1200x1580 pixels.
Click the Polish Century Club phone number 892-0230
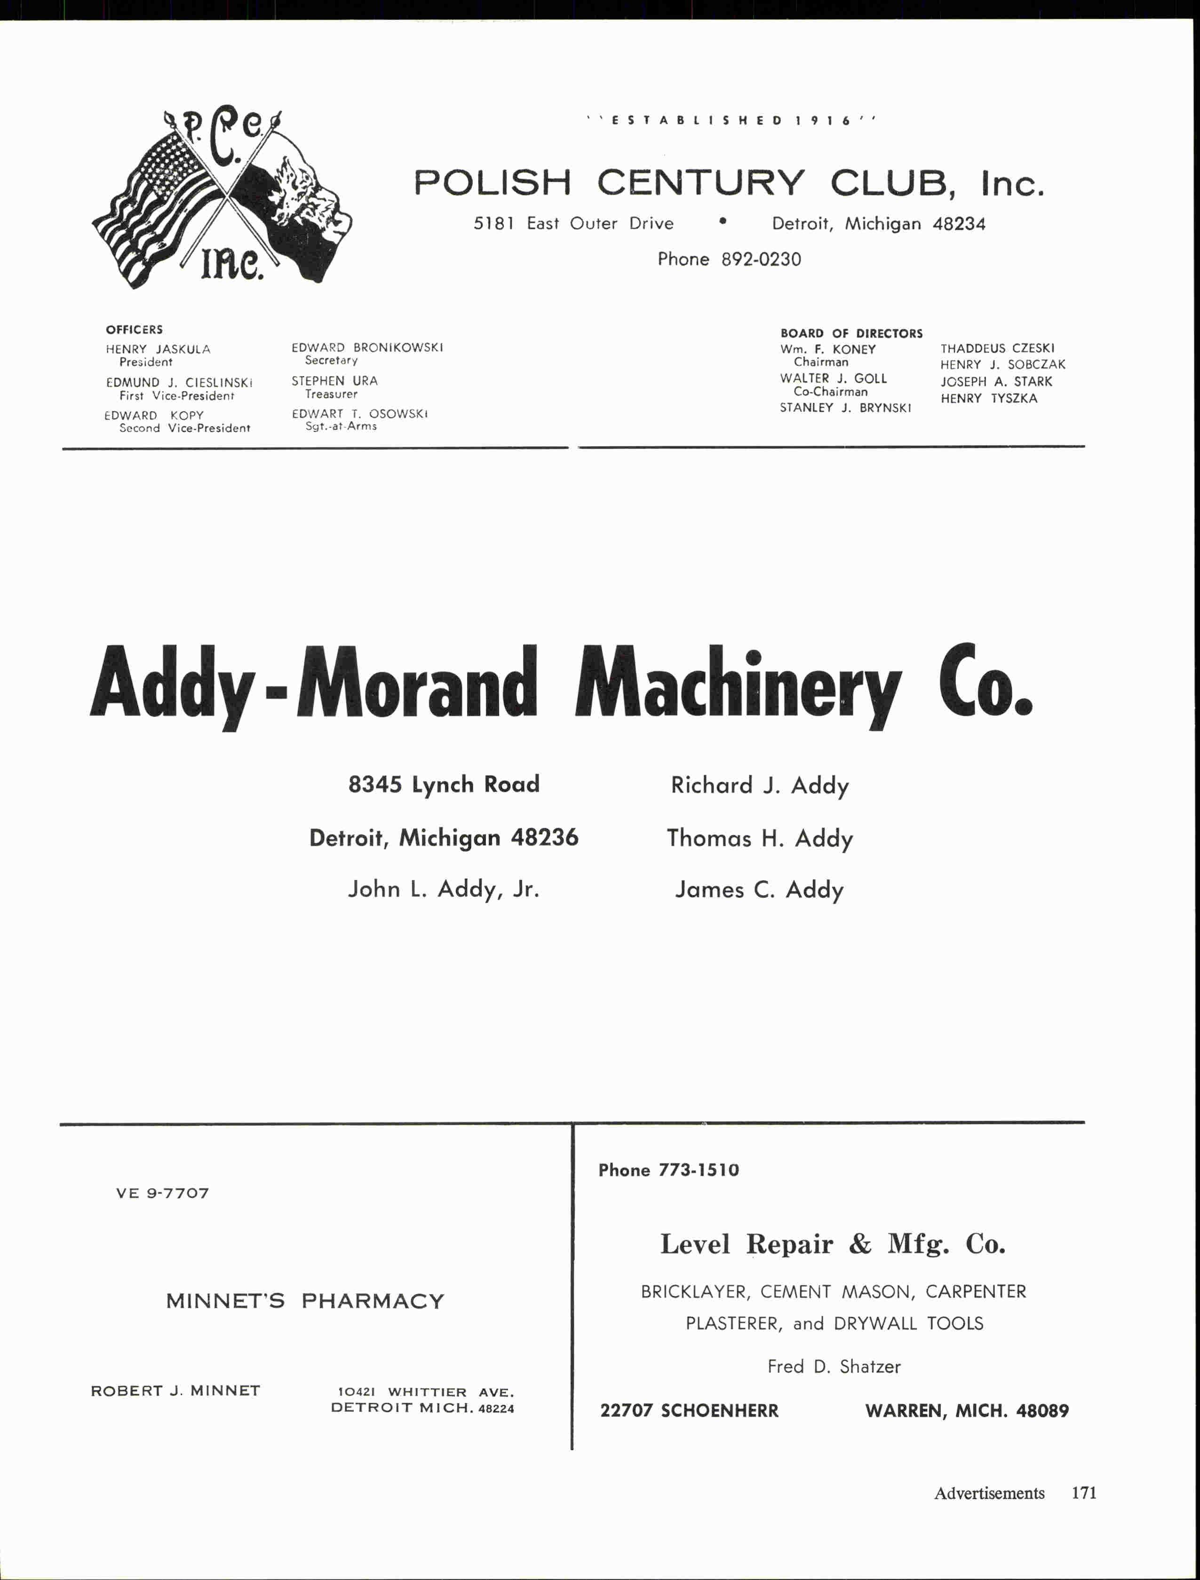point(761,259)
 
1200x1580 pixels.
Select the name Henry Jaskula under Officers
point(158,349)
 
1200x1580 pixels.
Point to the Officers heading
point(135,329)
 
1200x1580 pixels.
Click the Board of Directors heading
point(851,334)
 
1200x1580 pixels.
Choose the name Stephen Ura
point(334,381)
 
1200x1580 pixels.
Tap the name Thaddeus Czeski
point(997,348)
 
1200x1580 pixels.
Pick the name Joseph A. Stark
point(996,381)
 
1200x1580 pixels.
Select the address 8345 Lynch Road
point(444,784)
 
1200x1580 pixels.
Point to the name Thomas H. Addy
point(760,838)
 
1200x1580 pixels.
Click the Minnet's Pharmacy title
point(305,1301)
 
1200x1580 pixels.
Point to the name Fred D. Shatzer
point(834,1367)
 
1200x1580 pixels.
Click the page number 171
point(1083,1493)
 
